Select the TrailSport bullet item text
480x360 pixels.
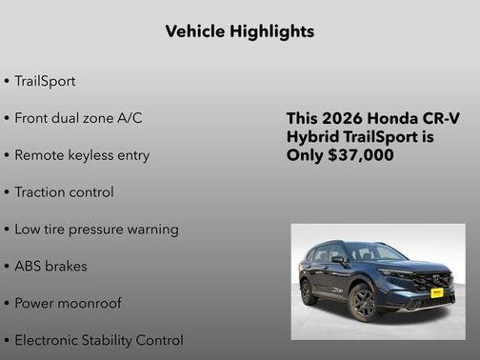click(45, 81)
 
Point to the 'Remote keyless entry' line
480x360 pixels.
click(82, 155)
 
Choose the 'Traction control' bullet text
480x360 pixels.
click(64, 192)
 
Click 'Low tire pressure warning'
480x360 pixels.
click(96, 230)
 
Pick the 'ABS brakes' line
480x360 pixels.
click(50, 267)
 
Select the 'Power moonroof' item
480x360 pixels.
click(68, 304)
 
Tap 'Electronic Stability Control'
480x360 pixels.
click(99, 340)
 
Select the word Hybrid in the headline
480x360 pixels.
click(313, 137)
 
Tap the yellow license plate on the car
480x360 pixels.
click(436, 293)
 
